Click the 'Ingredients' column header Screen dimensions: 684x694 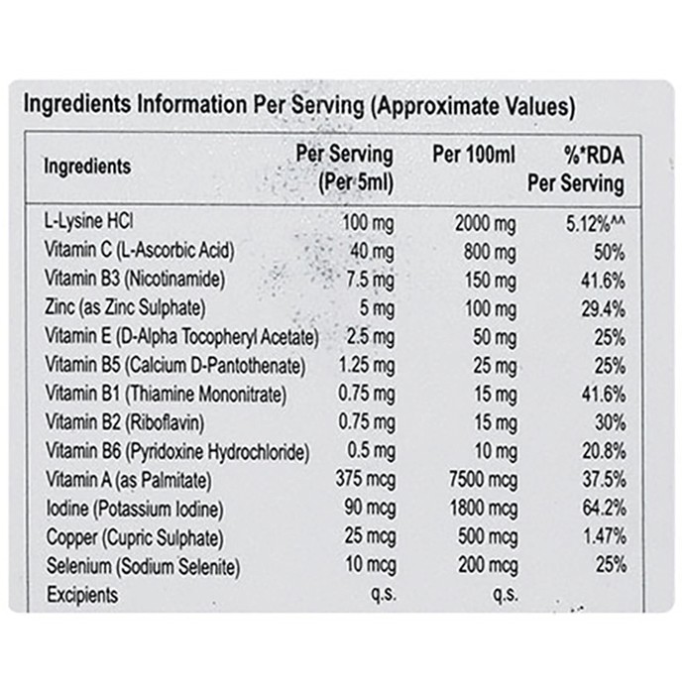coord(87,167)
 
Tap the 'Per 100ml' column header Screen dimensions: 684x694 coord(474,155)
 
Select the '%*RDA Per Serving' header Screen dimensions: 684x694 coord(576,170)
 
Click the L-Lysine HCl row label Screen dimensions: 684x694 coord(88,222)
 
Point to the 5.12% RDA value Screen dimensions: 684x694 coord(596,224)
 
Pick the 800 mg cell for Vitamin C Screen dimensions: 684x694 coord(490,253)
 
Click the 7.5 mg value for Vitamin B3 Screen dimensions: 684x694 coord(371,281)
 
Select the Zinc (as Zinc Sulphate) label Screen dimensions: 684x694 coord(125,307)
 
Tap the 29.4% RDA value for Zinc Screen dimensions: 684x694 coord(604,309)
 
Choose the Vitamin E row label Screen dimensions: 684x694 coord(181,337)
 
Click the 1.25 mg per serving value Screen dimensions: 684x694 coord(367,366)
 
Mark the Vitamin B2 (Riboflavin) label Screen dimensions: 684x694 coord(125,422)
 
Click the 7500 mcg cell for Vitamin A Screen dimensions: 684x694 coord(484,480)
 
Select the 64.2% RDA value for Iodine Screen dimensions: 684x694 coord(605,508)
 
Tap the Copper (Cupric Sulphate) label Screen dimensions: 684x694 coord(135,537)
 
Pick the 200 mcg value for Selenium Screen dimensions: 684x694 coord(488,566)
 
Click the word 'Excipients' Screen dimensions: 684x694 coord(82,595)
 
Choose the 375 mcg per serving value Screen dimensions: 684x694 coord(366,479)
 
